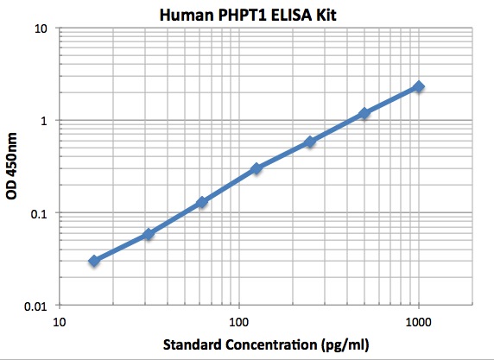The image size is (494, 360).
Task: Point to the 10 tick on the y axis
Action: (40, 28)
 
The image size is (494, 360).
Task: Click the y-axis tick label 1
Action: (43, 121)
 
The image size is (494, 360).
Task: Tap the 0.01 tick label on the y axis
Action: (35, 306)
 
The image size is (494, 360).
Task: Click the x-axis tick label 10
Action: (59, 322)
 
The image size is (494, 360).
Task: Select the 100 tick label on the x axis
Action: (238, 322)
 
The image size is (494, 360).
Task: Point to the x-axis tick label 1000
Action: (418, 322)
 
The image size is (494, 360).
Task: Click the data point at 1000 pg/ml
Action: (419, 86)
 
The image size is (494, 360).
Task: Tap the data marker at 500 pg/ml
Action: (364, 113)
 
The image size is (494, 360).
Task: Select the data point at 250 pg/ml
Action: (310, 142)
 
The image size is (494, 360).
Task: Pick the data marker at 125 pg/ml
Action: (256, 168)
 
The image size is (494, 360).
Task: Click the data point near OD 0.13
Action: (202, 202)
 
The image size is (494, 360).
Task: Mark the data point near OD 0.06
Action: (149, 234)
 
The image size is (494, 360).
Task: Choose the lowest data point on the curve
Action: (94, 260)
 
